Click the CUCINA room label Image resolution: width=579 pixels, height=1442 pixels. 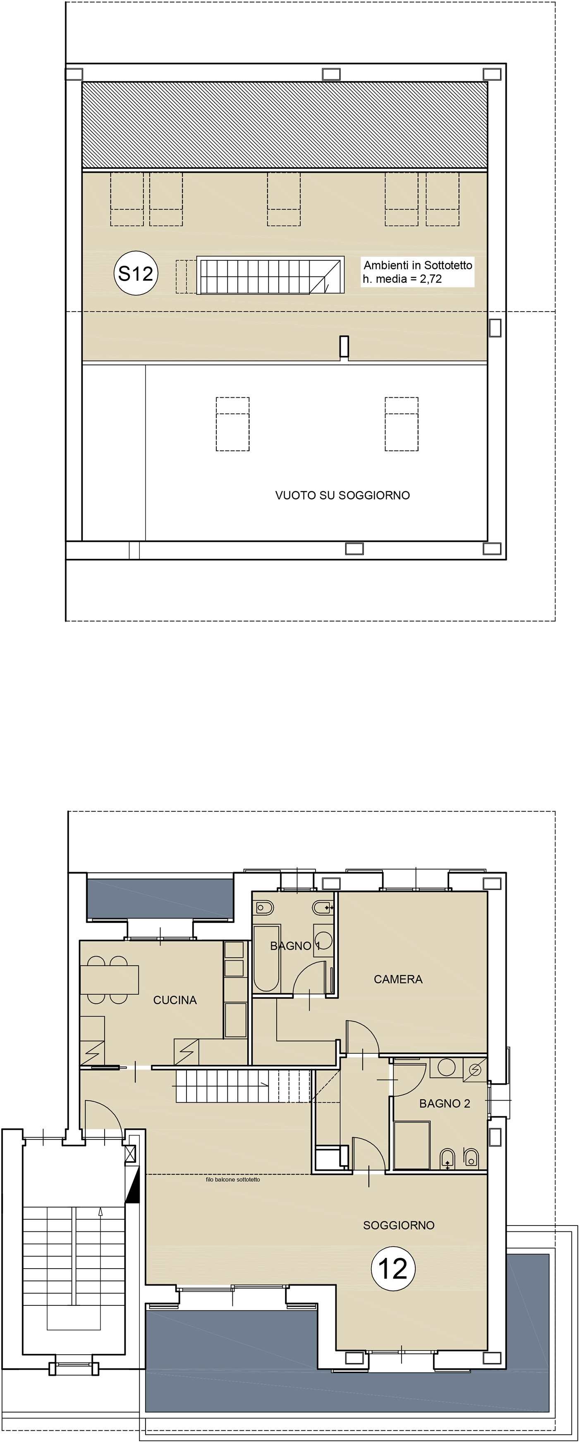pyautogui.click(x=175, y=1000)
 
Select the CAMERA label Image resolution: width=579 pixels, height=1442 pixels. pyautogui.click(x=398, y=979)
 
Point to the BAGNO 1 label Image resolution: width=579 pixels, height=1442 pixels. pyautogui.click(x=295, y=946)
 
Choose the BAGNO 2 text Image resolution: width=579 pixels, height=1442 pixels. pyautogui.click(x=445, y=1103)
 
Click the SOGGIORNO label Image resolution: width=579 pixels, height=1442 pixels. pyautogui.click(x=399, y=1226)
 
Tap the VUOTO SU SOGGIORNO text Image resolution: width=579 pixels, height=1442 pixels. pyautogui.click(x=342, y=495)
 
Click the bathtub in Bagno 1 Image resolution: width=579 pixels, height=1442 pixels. pyautogui.click(x=266, y=958)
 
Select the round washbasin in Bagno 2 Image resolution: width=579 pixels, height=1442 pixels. pyautogui.click(x=446, y=1067)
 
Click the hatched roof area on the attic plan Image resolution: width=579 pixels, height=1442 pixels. pyautogui.click(x=285, y=125)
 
